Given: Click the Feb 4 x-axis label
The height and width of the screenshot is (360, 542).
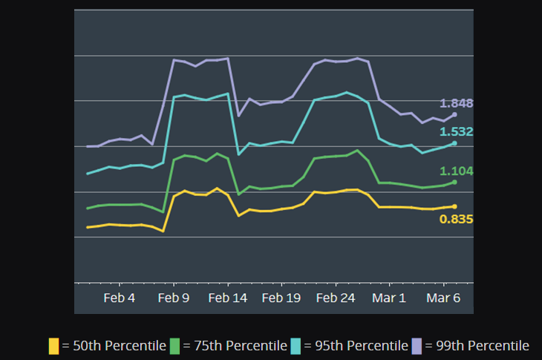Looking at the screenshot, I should point(120,298).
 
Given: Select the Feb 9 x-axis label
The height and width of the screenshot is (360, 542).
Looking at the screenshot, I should point(174,298).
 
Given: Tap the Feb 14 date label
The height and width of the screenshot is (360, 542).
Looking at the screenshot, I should point(228,298).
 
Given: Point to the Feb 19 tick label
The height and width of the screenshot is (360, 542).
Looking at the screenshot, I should point(281,298).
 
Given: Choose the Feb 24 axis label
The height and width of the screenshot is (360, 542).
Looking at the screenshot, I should point(336,298).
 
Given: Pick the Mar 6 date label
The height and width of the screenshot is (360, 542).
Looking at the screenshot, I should point(443,298).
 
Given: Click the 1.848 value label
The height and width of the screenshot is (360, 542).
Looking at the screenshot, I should point(457,103).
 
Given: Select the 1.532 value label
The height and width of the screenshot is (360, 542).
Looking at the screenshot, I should point(457,131).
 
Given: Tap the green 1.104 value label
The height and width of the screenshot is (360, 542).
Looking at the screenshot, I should point(457,171).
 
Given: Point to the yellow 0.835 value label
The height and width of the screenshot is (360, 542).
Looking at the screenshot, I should point(457,219).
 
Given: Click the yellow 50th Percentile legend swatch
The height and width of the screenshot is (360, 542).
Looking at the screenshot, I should point(53,346).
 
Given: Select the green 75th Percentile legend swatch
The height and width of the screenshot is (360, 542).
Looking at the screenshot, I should point(175,346).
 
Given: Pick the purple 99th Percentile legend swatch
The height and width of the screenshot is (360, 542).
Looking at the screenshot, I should point(417,346).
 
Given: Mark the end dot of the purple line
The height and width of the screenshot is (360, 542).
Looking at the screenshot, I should point(454,114).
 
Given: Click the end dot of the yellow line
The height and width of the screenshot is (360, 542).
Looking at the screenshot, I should point(454,206).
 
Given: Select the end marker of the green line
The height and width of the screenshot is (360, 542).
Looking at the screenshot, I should point(454,182).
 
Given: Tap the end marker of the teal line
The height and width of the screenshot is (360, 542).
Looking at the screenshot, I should point(454,143).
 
